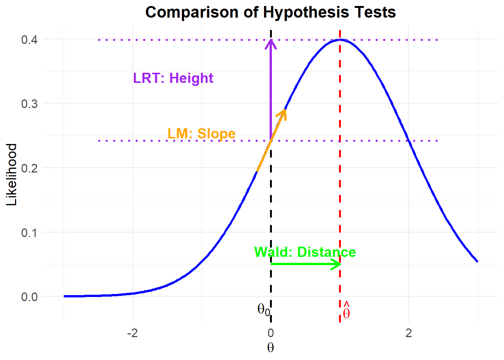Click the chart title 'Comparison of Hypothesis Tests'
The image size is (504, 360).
pos(270,12)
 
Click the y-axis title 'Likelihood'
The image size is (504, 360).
pos(12,174)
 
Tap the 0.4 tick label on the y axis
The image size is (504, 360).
pos(29,39)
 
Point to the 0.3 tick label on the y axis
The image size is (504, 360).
pos(29,104)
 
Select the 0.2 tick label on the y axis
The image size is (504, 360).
pos(29,168)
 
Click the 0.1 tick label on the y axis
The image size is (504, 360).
pos(29,232)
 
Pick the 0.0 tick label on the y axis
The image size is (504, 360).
pos(29,297)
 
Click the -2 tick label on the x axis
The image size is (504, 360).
pos(132,333)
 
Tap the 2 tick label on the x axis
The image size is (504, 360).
pos(408,333)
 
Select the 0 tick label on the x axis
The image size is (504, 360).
pos(270,333)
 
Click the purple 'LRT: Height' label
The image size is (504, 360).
pos(173,78)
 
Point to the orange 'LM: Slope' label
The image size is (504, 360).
pos(201,133)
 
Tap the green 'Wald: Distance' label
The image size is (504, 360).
pos(305,252)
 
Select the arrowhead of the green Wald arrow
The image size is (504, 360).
pos(337,264)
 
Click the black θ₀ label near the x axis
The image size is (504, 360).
pos(264,309)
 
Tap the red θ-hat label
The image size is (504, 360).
pos(346,311)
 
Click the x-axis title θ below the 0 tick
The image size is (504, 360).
pos(270,348)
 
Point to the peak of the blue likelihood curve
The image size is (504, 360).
pos(340,39)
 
